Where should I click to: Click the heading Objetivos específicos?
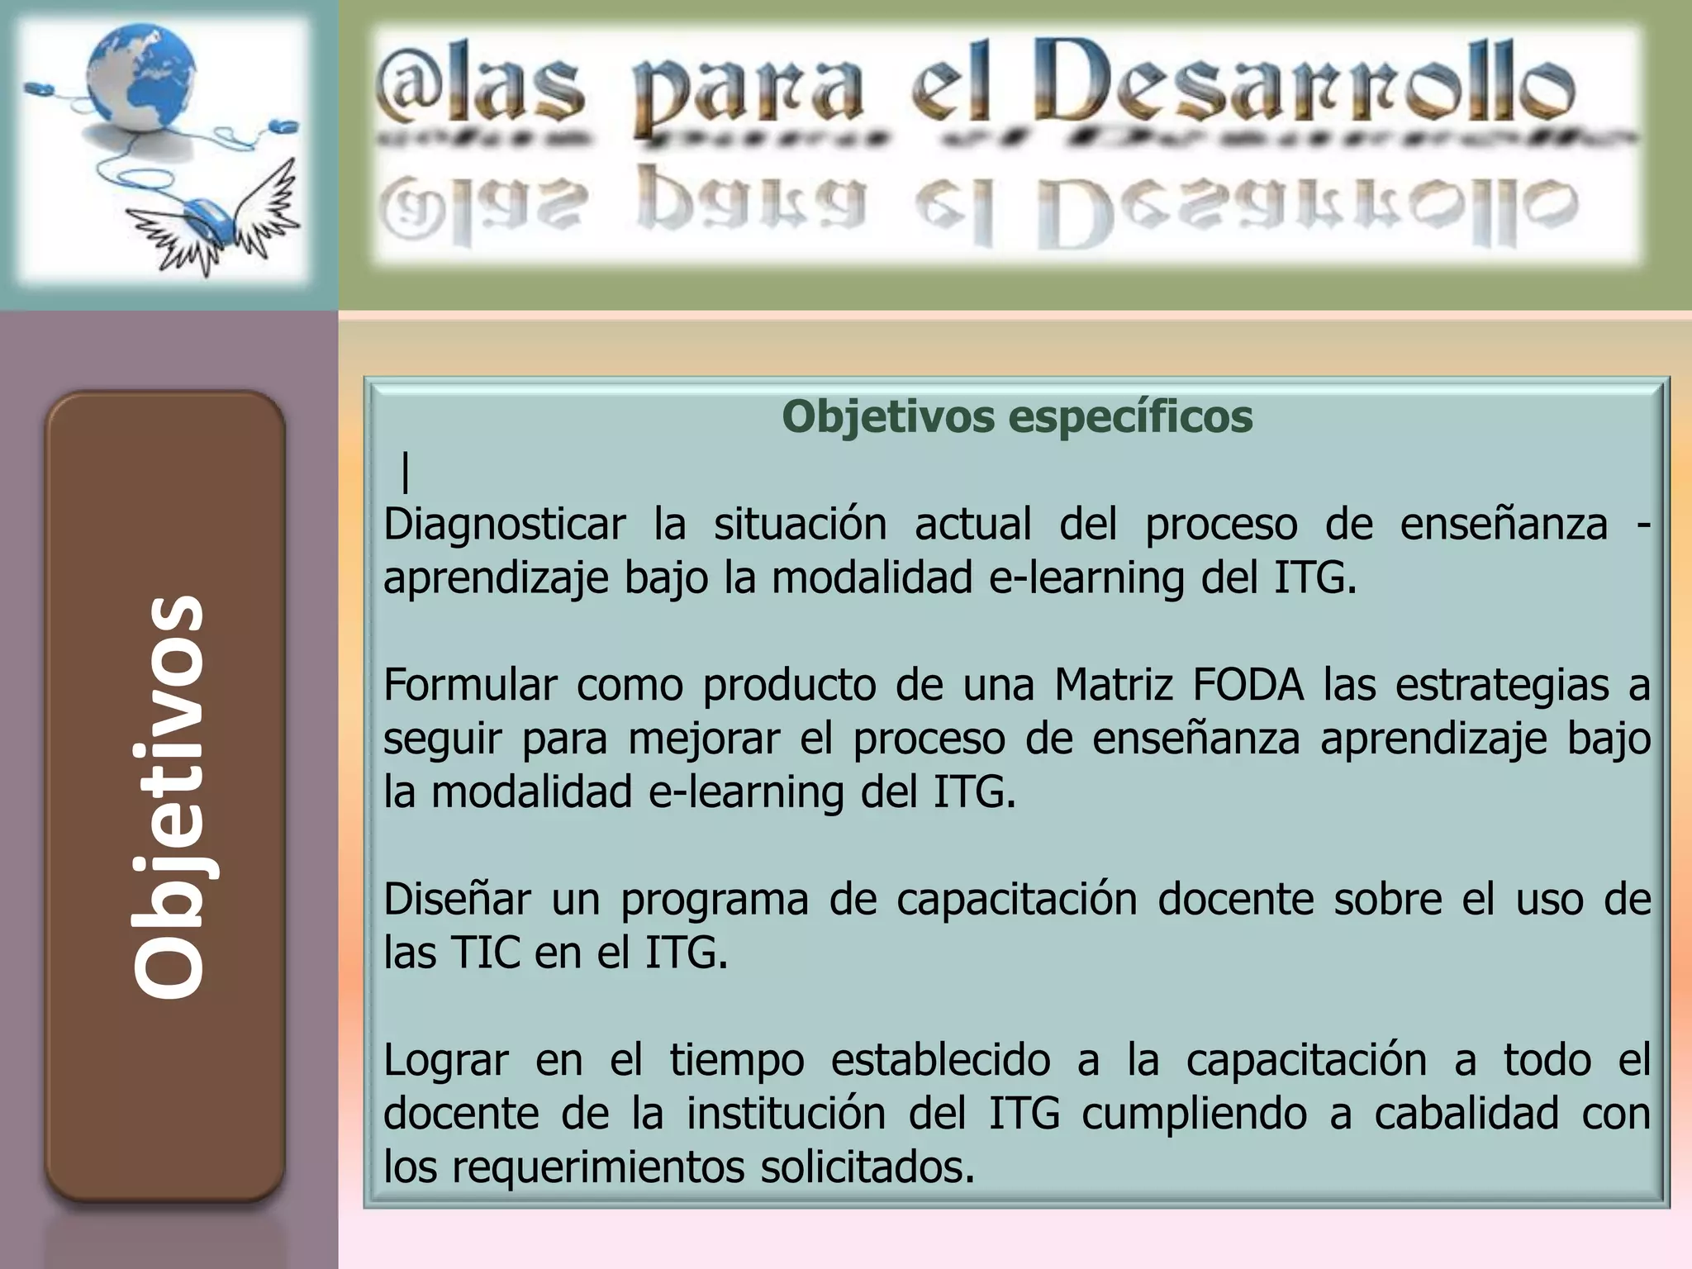click(x=1017, y=416)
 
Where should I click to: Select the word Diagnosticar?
click(x=504, y=524)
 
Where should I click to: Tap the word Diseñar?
click(x=456, y=899)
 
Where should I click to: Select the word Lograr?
click(x=445, y=1060)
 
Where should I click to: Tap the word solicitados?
click(x=867, y=1167)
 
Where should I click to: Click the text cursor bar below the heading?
click(x=406, y=473)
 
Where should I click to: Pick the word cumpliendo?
click(x=1194, y=1114)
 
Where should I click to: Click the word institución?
click(x=786, y=1114)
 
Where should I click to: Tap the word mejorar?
click(x=703, y=739)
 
